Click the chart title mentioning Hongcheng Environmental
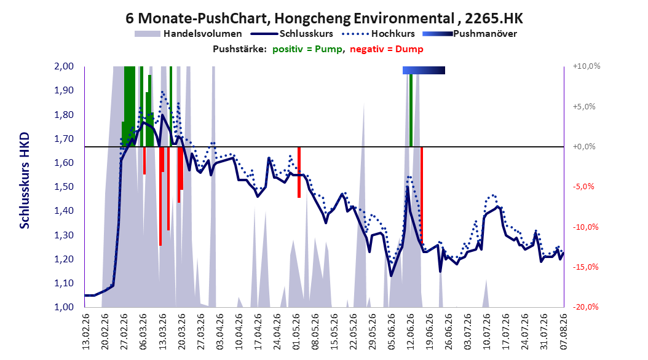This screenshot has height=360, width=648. tap(324, 18)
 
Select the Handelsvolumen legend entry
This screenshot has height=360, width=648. tap(188, 34)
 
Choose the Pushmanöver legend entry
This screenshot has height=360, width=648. tap(470, 34)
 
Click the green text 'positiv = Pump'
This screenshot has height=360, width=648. tap(307, 49)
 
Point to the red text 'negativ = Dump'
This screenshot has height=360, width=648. tap(387, 49)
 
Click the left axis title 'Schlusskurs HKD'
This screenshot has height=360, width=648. tap(25, 181)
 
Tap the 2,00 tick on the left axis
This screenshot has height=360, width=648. tap(64, 66)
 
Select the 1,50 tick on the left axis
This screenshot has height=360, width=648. tap(64, 187)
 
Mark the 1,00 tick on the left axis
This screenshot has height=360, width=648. tap(64, 307)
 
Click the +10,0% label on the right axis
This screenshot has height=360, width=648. tap(587, 66)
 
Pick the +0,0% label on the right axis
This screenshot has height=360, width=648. tap(584, 147)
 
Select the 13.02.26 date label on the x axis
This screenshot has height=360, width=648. tap(86, 332)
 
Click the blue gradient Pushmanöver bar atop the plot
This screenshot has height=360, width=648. tap(424, 70)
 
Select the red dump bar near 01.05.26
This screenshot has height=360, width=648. tap(299, 172)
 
